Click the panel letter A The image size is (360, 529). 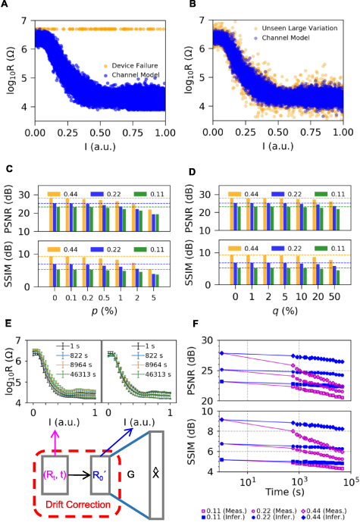tap(6, 5)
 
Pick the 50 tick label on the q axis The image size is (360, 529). tap(330, 298)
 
